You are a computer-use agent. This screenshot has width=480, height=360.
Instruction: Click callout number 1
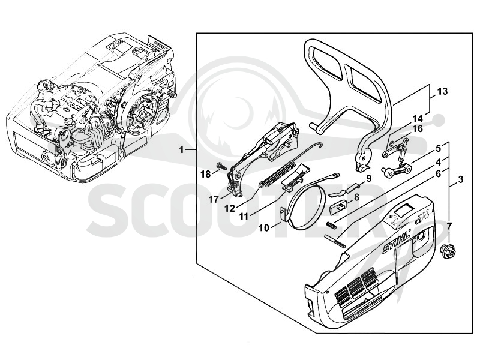182,150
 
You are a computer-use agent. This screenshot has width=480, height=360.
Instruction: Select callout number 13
442,91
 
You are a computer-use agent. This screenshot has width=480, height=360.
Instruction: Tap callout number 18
205,174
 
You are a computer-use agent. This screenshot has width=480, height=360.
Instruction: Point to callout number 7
449,227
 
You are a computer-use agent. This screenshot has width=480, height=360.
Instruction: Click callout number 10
264,228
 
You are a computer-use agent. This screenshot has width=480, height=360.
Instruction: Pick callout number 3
460,179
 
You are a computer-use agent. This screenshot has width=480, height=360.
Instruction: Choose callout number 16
418,128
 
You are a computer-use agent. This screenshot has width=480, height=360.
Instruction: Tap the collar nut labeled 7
446,251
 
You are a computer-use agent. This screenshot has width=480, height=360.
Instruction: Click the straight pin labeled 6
335,241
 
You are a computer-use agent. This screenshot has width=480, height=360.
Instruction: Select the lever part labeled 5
396,170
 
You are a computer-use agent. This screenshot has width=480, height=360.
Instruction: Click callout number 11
244,217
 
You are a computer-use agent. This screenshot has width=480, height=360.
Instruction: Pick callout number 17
214,200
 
